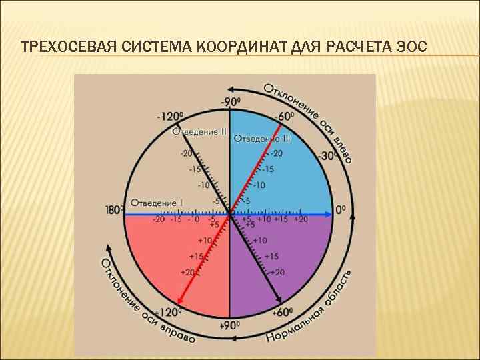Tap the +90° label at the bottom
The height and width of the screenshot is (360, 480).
(230, 325)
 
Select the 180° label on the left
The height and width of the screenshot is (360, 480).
(114, 210)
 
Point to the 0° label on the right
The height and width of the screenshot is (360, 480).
(341, 209)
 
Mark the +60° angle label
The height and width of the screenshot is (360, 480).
(283, 311)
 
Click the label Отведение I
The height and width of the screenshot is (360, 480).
(157, 202)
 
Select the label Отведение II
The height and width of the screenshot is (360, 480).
(199, 131)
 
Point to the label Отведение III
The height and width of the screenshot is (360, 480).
(262, 139)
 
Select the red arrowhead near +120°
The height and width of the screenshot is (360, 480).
(178, 301)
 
